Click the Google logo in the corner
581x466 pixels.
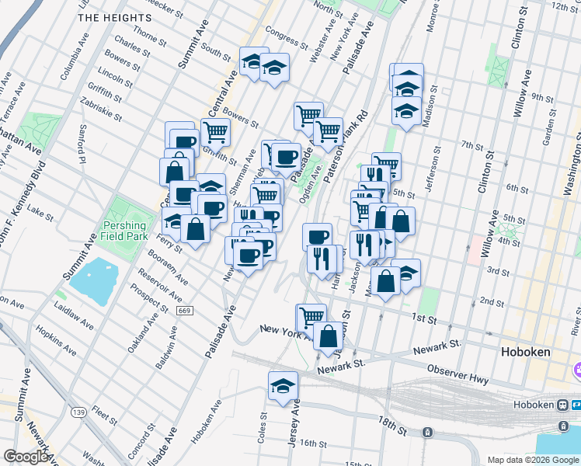tap(26, 457)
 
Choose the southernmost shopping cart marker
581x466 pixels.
tap(311, 316)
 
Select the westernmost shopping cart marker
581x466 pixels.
tap(215, 131)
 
